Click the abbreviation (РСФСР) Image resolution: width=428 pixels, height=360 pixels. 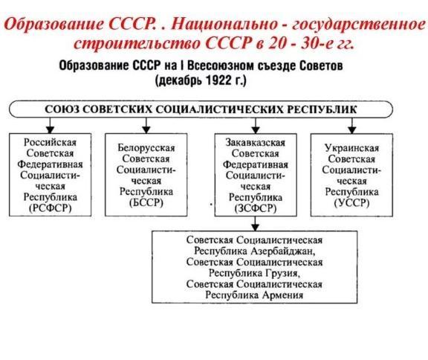click(x=51, y=208)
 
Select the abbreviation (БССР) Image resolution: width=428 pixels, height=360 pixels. click(x=146, y=202)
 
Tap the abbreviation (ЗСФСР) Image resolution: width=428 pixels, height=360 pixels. click(x=256, y=208)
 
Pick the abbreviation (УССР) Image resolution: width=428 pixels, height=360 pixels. click(x=352, y=203)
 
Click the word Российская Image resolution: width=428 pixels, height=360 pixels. click(x=50, y=142)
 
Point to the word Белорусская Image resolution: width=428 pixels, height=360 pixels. click(x=146, y=148)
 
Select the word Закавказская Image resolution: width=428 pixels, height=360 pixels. click(x=256, y=143)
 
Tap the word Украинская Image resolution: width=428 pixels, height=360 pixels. click(x=352, y=148)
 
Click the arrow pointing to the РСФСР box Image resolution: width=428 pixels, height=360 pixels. click(x=50, y=126)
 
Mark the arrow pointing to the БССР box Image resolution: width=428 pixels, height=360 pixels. click(x=146, y=126)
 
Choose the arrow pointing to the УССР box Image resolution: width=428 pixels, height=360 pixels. click(x=352, y=126)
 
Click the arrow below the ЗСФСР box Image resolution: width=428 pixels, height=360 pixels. click(x=255, y=224)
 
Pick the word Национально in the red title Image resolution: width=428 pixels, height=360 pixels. click(x=224, y=24)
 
